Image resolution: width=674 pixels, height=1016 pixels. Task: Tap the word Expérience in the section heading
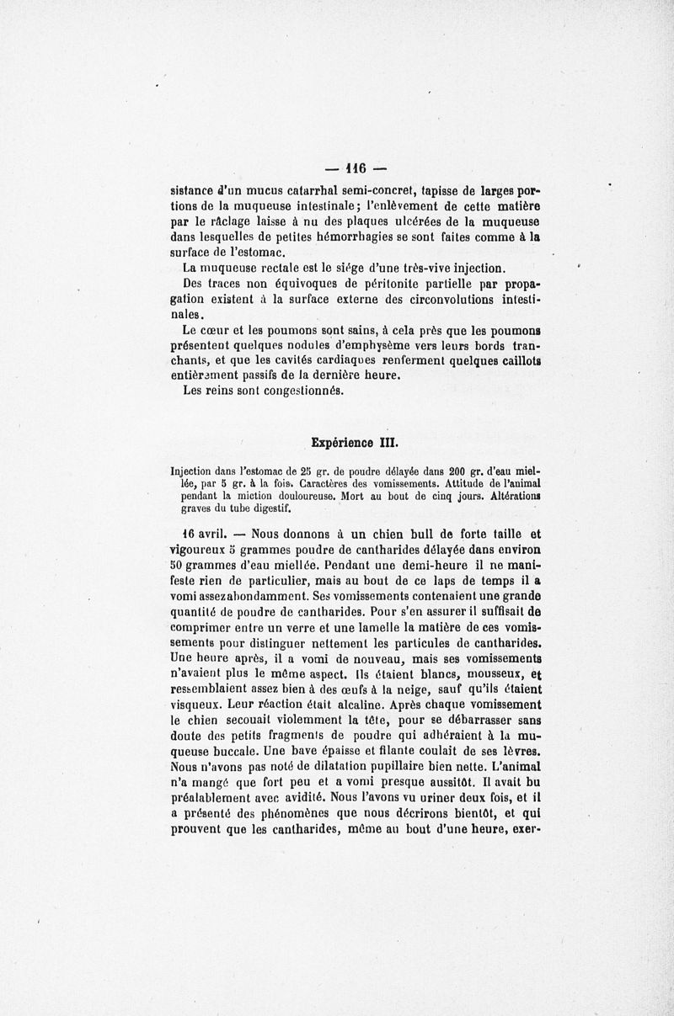pyautogui.click(x=342, y=440)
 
